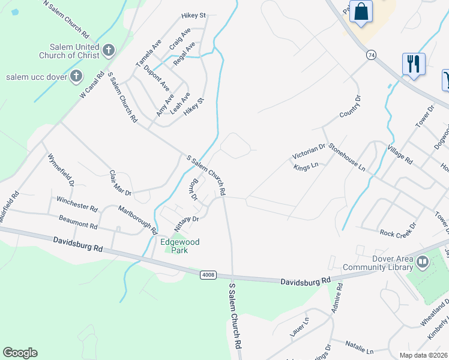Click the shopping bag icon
(361, 11)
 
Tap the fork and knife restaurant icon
(414, 64)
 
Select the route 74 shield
(372, 55)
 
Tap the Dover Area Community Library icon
(423, 262)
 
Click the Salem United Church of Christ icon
(108, 50)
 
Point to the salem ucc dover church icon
(76, 76)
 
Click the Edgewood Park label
(179, 246)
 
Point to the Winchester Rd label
(77, 203)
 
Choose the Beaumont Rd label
(77, 222)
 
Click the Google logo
(20, 353)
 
